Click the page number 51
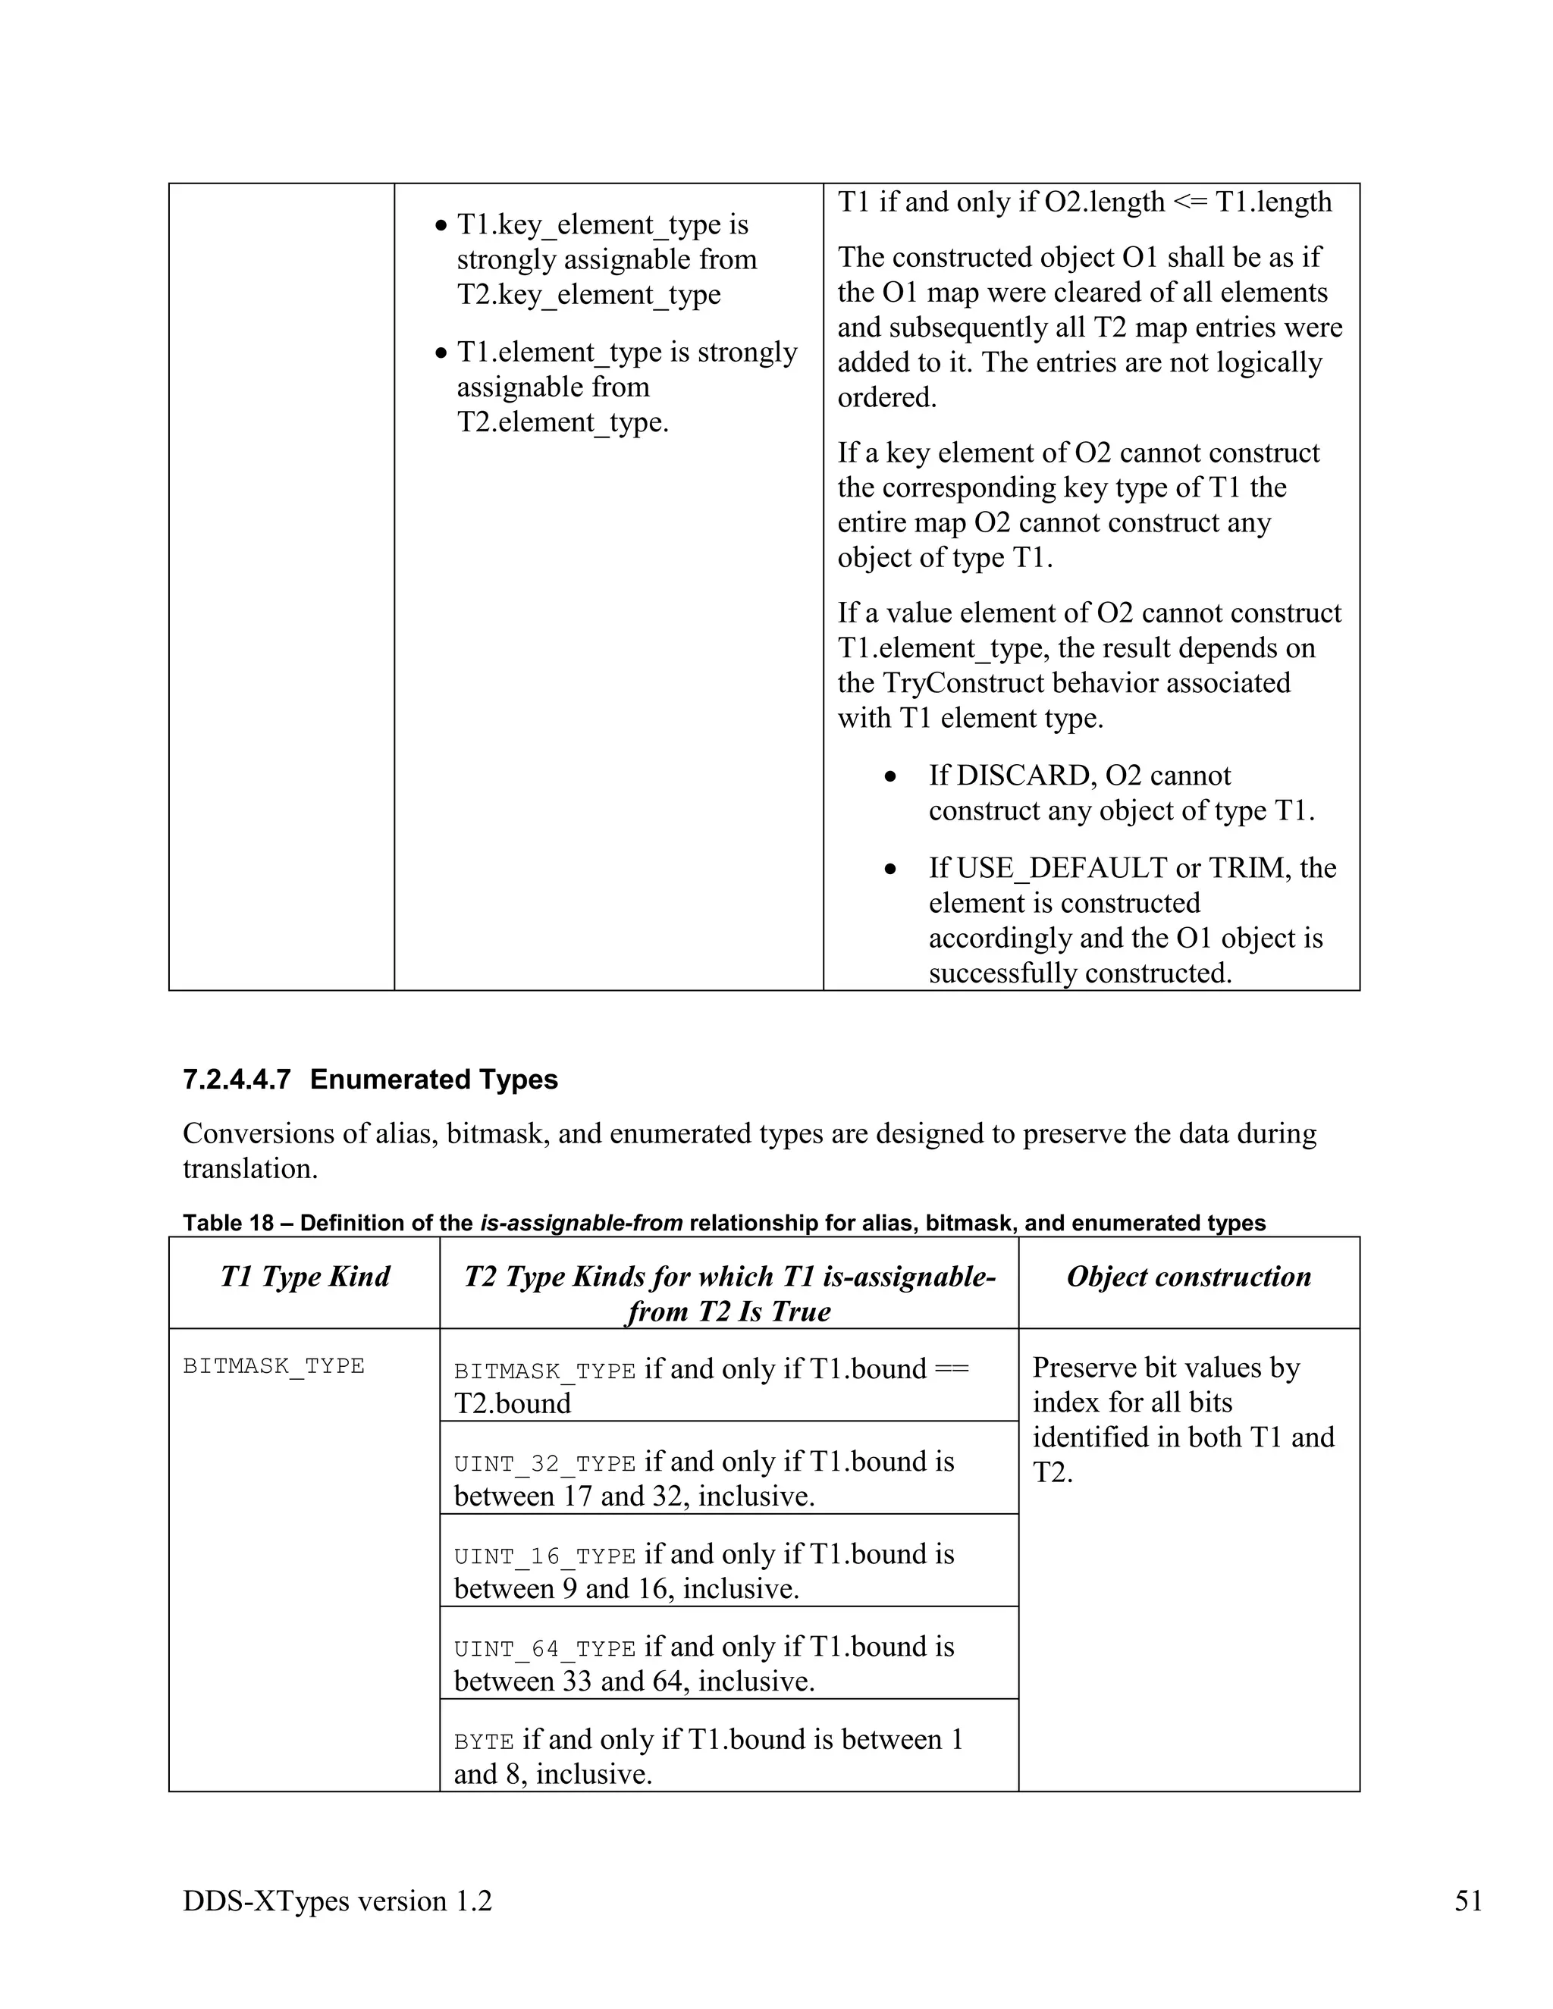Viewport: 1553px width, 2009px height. (1468, 1901)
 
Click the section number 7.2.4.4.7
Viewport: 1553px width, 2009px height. (237, 1079)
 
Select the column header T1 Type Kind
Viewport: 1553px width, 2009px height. (305, 1276)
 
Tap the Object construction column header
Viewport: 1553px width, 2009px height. (1189, 1276)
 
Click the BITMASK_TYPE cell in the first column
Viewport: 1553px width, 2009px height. (273, 1366)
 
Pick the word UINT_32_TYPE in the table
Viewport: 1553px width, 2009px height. (544, 1463)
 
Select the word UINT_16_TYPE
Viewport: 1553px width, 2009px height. (544, 1556)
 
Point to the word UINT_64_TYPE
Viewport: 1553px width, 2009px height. (544, 1650)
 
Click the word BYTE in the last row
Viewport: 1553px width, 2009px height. (483, 1742)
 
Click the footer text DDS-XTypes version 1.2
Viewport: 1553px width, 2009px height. (337, 1901)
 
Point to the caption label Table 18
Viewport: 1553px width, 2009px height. (228, 1223)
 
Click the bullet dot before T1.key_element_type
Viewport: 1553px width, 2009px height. (441, 225)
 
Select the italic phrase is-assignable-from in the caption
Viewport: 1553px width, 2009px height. (581, 1223)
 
